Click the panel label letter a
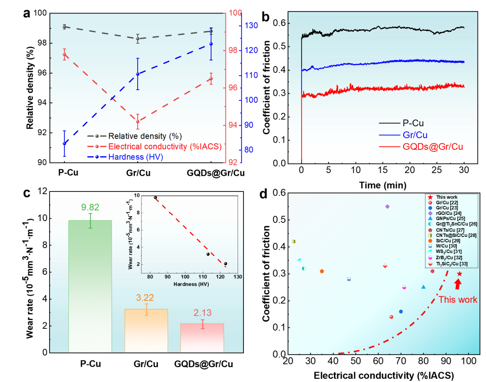coord(27,13)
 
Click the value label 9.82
coord(90,208)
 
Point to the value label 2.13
coord(202,313)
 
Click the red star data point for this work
coord(459,274)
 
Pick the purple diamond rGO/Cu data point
coord(387,206)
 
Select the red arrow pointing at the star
coord(458,284)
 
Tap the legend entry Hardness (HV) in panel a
coord(135,157)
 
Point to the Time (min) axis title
coord(382,185)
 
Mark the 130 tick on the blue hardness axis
coord(249,25)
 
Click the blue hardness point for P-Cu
coord(64,143)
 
